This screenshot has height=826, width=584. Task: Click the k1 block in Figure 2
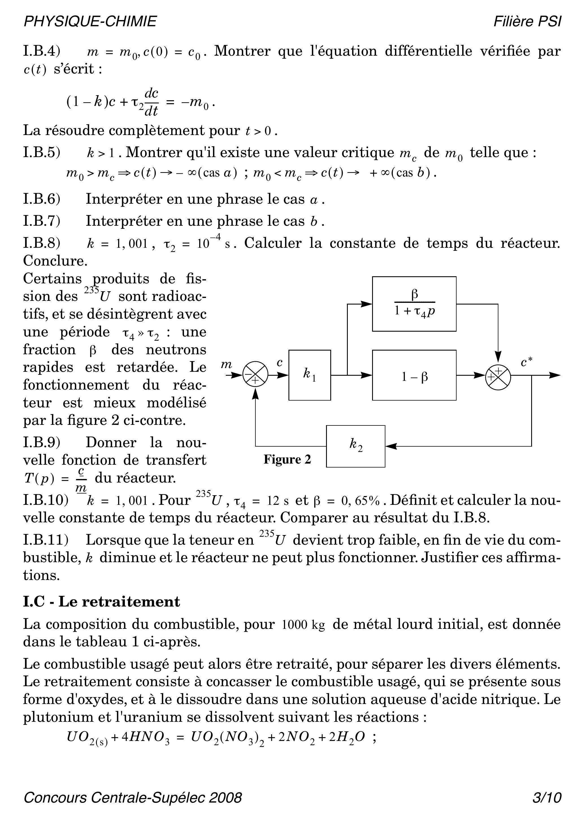click(x=309, y=375)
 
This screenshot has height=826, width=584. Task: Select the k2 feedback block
click(x=355, y=446)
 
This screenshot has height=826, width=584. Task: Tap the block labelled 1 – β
click(x=414, y=375)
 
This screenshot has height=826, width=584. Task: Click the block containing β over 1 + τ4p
click(x=414, y=304)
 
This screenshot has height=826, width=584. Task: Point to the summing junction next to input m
click(x=255, y=375)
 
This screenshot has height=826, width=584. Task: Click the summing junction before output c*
click(x=498, y=376)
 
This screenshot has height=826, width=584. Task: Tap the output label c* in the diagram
click(x=526, y=362)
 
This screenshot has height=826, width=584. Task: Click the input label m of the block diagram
click(x=226, y=365)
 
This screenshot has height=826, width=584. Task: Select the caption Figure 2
click(x=287, y=459)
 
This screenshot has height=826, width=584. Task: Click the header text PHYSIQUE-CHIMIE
click(x=90, y=21)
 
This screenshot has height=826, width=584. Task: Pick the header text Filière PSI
click(x=527, y=21)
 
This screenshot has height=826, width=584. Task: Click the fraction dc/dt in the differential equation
click(x=151, y=102)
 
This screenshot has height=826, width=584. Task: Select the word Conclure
click(x=55, y=261)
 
